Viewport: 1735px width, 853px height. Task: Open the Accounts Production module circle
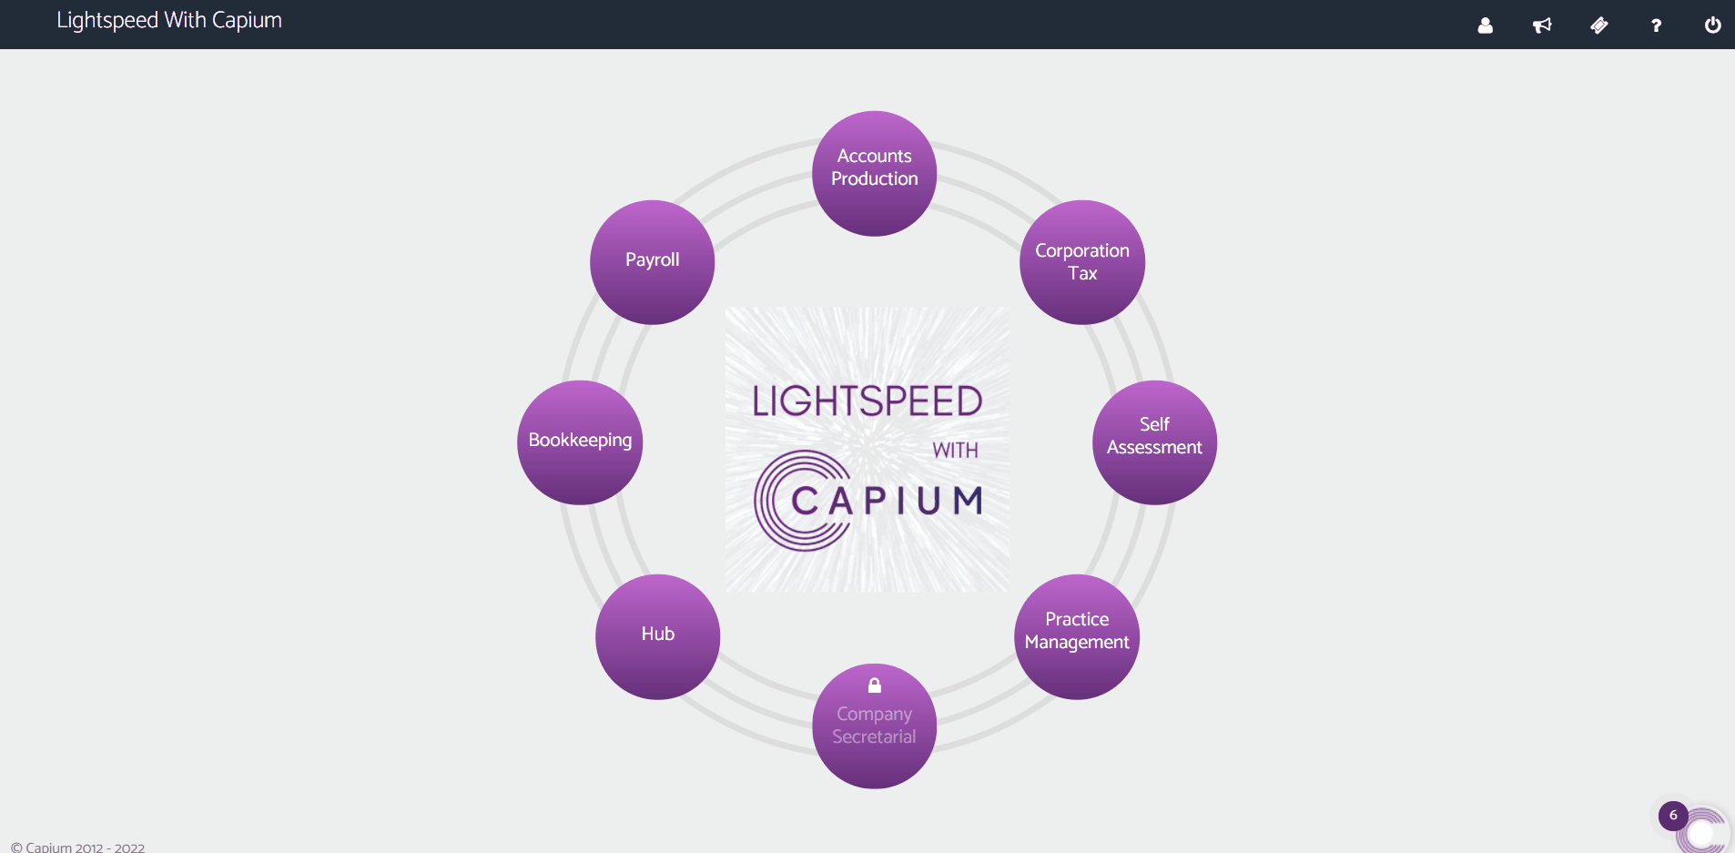click(874, 173)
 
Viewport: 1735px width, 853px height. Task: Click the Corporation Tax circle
click(1081, 262)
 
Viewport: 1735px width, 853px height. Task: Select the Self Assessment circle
click(1154, 442)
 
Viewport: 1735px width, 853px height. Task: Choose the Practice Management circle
click(1077, 636)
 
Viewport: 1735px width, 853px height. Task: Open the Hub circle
click(657, 636)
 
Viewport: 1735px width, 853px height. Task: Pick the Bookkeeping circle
click(580, 442)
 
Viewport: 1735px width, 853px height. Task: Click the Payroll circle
click(652, 262)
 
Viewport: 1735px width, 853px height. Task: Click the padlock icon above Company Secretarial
click(875, 685)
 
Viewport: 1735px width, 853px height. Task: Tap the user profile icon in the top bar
click(1485, 25)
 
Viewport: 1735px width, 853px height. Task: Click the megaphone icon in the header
click(1542, 25)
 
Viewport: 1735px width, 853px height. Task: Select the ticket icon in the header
click(1598, 25)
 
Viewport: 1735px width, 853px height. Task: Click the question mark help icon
click(1656, 25)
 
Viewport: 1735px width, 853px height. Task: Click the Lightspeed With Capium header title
click(169, 21)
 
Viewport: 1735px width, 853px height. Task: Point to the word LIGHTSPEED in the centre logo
click(867, 401)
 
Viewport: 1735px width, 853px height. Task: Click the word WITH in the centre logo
click(955, 451)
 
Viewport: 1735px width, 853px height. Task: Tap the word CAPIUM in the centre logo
click(888, 501)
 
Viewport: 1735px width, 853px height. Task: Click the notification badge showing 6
click(1673, 816)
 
